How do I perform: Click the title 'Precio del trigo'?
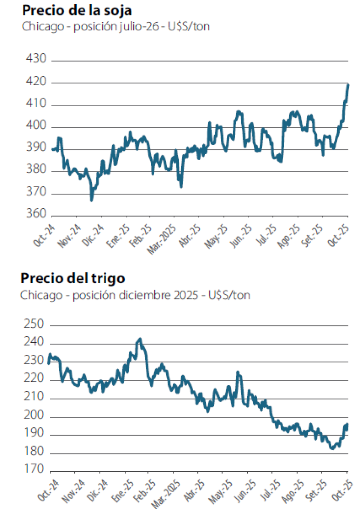pyautogui.click(x=73, y=278)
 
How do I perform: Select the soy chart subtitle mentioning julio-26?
pyautogui.click(x=115, y=27)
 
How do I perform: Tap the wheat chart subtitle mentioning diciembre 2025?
pyautogui.click(x=135, y=295)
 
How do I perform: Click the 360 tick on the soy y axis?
pyautogui.click(x=36, y=216)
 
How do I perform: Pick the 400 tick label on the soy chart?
pyautogui.click(x=36, y=127)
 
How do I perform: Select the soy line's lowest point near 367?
pyautogui.click(x=91, y=200)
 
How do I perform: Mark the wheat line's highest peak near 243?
pyautogui.click(x=139, y=339)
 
